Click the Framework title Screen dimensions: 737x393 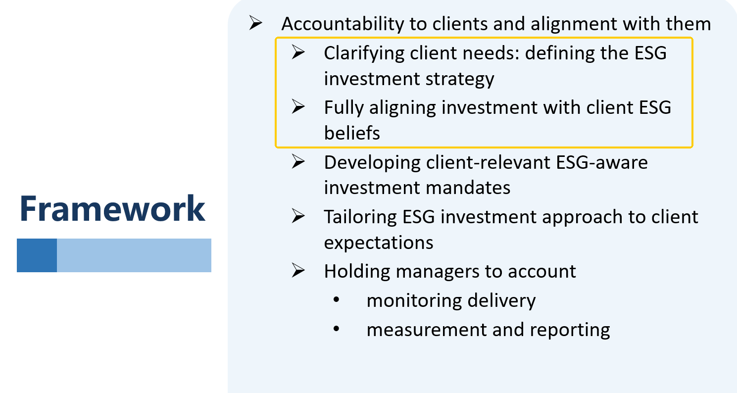112,208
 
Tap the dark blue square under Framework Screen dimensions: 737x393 37,255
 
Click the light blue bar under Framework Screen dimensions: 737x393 134,255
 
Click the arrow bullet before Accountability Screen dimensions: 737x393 255,23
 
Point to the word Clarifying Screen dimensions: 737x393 364,53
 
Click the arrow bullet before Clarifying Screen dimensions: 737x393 298,52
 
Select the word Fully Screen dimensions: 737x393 344,108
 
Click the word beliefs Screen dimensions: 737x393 352,133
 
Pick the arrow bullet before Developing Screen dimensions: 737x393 298,161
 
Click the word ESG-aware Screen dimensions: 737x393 602,162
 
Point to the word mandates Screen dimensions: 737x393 468,188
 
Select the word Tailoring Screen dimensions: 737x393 360,217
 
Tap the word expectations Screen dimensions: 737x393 379,243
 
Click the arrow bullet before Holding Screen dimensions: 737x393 298,271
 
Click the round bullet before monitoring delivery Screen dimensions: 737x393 336,299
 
